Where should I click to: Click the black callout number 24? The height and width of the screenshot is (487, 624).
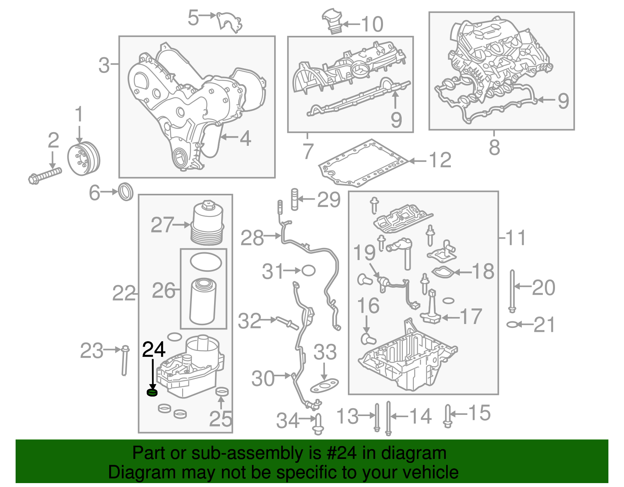pyautogui.click(x=154, y=349)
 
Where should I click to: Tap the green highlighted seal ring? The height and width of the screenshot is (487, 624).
pyautogui.click(x=152, y=392)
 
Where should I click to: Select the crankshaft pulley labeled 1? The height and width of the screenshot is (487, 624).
pyautogui.click(x=83, y=159)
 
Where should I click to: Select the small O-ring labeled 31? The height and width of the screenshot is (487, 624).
pyautogui.click(x=308, y=270)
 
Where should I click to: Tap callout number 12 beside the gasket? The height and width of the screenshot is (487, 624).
pyautogui.click(x=440, y=160)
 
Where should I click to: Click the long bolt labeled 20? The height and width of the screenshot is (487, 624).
pyautogui.click(x=512, y=290)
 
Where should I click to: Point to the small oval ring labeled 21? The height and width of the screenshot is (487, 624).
pyautogui.click(x=512, y=324)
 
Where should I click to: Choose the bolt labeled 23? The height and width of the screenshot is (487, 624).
pyautogui.click(x=124, y=360)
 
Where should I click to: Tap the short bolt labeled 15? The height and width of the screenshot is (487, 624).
pyautogui.click(x=448, y=416)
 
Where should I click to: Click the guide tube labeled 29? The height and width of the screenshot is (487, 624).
pyautogui.click(x=294, y=199)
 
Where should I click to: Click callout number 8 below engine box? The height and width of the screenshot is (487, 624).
pyautogui.click(x=494, y=147)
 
